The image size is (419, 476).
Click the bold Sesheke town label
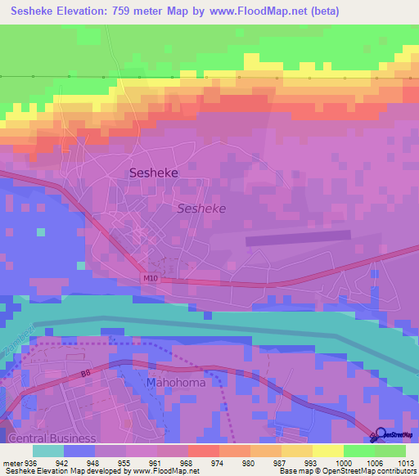[x=154, y=173]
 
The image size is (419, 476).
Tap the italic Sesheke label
[x=201, y=209]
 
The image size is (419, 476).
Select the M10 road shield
[x=149, y=278]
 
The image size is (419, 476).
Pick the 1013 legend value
[x=405, y=461]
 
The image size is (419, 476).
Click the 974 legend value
[x=218, y=461]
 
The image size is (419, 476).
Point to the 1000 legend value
[x=343, y=461]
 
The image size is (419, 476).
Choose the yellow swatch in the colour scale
[x=327, y=451]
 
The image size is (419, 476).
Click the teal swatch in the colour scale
[x=48, y=451]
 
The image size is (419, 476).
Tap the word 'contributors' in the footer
[x=395, y=471]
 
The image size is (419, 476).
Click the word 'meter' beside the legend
[x=11, y=461]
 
